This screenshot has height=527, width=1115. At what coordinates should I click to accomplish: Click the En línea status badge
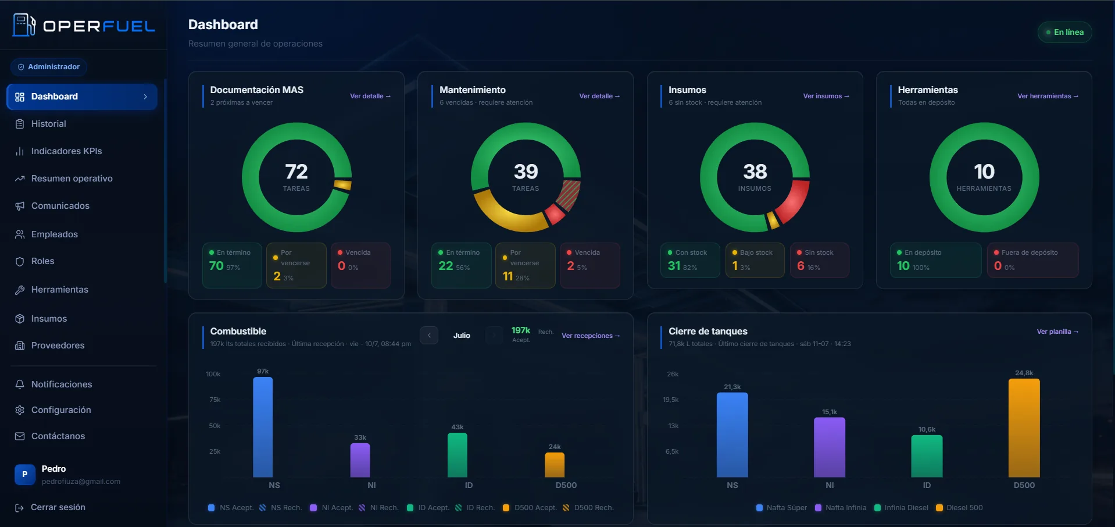[1064, 32]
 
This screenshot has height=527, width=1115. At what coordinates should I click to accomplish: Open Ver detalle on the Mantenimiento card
[599, 96]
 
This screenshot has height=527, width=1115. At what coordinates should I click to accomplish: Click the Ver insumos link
[826, 96]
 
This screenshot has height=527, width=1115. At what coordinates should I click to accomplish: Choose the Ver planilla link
[1057, 332]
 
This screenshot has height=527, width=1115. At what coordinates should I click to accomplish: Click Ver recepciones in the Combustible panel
[591, 336]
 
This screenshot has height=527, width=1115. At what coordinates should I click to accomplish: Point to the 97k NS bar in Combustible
[263, 427]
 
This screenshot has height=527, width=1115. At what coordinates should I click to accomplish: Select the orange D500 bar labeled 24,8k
[1024, 428]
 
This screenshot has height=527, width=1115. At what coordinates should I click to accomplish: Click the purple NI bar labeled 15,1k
[830, 447]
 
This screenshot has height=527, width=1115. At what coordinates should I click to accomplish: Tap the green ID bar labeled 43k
[458, 455]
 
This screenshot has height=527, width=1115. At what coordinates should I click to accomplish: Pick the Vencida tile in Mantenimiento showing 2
[589, 265]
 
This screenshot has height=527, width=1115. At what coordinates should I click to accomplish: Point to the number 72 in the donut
[296, 172]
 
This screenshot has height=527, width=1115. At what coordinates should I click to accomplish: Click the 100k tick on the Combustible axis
[213, 374]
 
